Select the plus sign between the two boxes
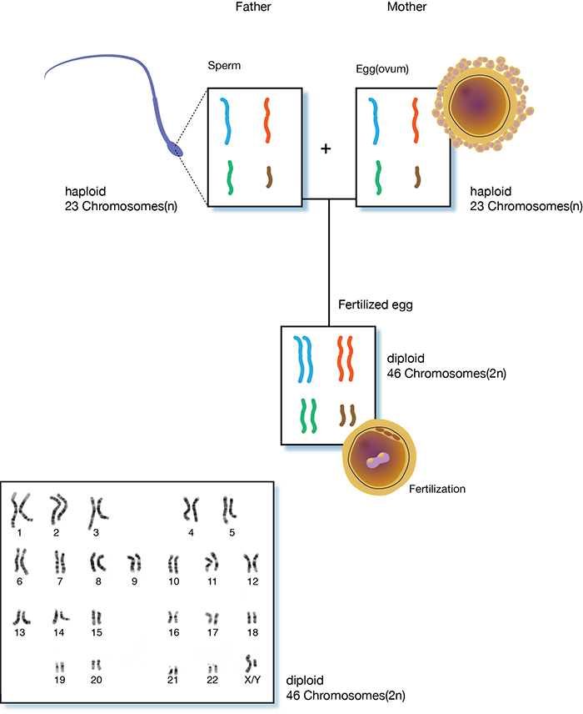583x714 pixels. [x=326, y=148]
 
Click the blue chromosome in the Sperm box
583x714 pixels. [x=226, y=120]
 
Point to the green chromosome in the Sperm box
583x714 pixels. [x=229, y=176]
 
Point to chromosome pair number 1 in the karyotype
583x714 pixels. [x=19, y=506]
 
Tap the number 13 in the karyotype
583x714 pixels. [x=20, y=633]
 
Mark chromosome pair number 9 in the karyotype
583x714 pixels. [x=134, y=564]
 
